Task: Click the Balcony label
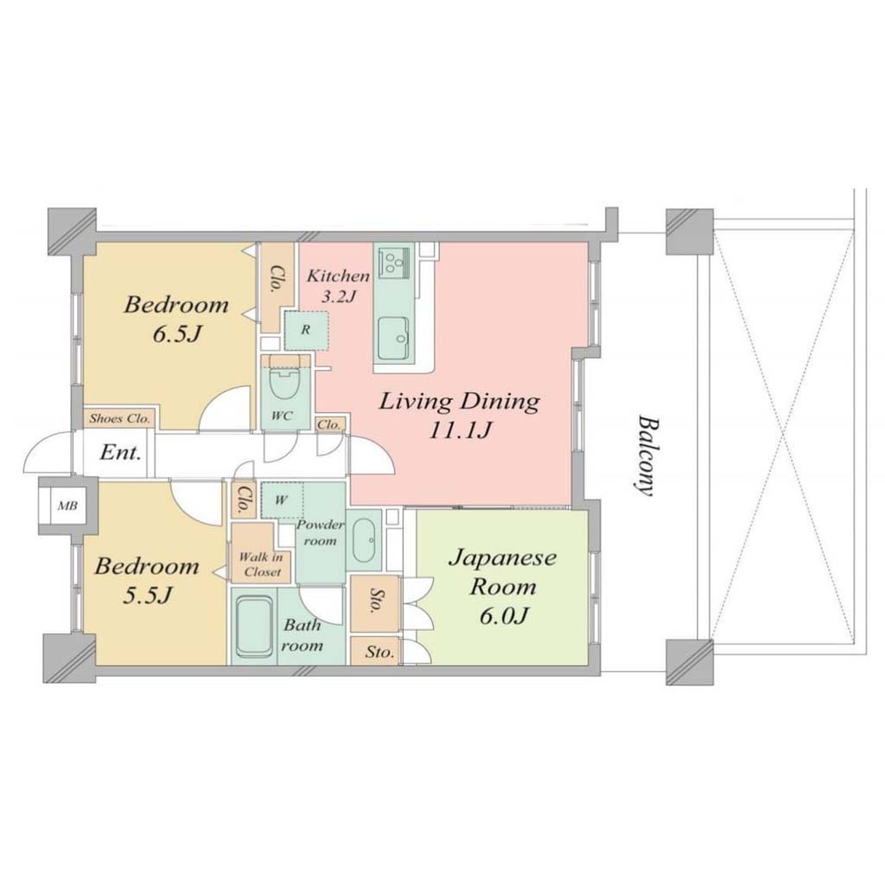coord(645,456)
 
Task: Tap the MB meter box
coord(67,506)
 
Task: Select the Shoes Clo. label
coord(119,419)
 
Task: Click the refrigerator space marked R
coord(305,329)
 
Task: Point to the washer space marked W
coord(282,500)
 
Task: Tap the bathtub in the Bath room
coord(255,627)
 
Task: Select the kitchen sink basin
coord(393,338)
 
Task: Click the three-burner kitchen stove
coord(394,263)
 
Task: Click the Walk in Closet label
coord(260,563)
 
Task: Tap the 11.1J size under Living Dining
coord(459,430)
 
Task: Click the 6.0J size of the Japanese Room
coord(504,616)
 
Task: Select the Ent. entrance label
coord(120,453)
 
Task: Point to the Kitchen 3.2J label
coord(338,285)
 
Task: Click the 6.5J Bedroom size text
coord(176,334)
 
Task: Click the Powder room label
coord(320,532)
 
